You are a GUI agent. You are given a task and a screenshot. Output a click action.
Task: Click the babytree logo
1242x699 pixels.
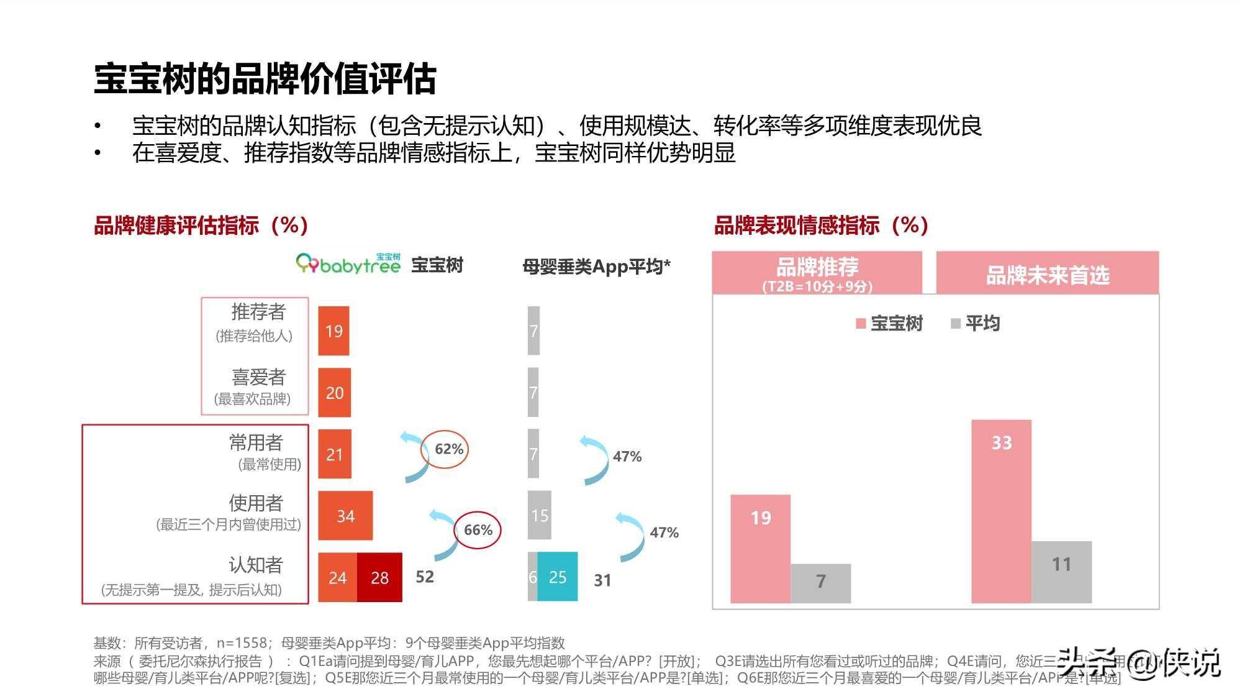[x=348, y=264]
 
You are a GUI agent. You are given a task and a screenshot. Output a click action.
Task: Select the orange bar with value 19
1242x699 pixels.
[x=333, y=331]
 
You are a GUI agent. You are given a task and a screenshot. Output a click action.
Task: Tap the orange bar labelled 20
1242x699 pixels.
[x=334, y=392]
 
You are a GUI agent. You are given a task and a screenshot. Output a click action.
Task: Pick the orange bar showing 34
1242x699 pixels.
[x=345, y=515]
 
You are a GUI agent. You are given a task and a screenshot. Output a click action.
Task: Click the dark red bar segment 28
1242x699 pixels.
[x=379, y=577]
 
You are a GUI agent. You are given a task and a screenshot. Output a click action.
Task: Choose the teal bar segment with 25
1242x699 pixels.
[x=558, y=577]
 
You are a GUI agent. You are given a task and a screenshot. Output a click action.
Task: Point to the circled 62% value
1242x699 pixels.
[x=445, y=449]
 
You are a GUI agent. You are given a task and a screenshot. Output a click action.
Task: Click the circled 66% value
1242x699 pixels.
[x=478, y=530]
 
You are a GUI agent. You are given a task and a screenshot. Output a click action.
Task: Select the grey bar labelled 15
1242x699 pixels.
[x=539, y=515]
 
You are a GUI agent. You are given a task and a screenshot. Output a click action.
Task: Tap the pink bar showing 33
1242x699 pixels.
[x=1001, y=511]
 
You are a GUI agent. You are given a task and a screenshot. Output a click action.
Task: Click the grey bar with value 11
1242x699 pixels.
[x=1061, y=572]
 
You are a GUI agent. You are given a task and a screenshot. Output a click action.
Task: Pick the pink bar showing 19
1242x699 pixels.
[x=760, y=549]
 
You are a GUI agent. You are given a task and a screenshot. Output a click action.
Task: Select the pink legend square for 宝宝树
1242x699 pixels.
[x=861, y=324]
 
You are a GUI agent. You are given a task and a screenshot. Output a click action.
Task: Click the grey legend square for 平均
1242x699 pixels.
[x=956, y=324]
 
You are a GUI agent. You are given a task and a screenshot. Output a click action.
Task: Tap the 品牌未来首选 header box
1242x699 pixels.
[x=1047, y=273]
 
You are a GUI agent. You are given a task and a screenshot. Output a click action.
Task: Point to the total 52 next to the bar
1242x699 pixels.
[x=425, y=577]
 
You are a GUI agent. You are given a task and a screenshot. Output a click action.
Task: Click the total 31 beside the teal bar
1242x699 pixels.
[x=602, y=580]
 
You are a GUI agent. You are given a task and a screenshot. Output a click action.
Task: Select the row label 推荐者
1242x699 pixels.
[x=258, y=311]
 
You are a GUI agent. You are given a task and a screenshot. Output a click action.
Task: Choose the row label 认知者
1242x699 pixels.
[x=255, y=565]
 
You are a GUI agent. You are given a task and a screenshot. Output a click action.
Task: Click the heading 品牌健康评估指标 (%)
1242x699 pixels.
[x=201, y=225]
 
